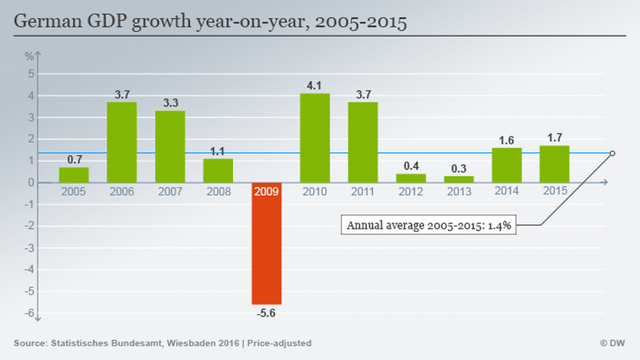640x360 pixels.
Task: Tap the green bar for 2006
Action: (x=122, y=142)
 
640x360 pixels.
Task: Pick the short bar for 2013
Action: (x=459, y=179)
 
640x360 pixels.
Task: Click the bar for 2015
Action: (x=555, y=164)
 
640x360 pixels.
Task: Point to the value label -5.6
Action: (x=266, y=314)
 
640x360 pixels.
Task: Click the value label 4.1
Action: (x=315, y=86)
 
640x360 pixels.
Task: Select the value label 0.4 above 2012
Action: (x=411, y=166)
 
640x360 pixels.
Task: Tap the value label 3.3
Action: (x=170, y=103)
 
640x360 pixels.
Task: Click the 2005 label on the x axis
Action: (x=74, y=191)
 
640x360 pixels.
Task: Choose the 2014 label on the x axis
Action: (x=507, y=191)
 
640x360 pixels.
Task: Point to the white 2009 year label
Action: (x=266, y=191)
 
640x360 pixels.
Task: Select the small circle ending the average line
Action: (x=612, y=153)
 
